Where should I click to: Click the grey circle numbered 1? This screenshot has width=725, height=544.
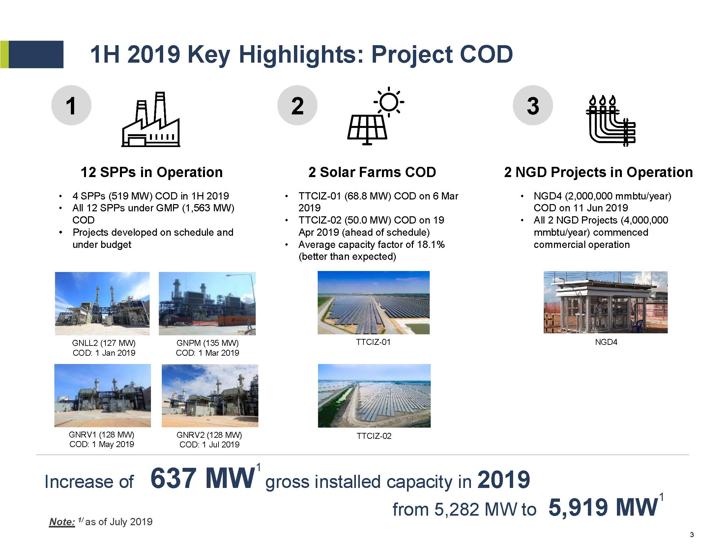tap(71, 105)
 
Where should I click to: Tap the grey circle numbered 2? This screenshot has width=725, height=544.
tap(297, 105)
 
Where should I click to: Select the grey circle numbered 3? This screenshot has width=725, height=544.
tap(533, 105)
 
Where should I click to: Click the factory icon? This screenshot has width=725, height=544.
tap(151, 119)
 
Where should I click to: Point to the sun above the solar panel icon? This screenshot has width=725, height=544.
tap(389, 102)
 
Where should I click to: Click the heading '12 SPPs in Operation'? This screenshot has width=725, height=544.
tap(152, 172)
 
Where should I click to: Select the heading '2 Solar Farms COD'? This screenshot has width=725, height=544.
tap(372, 172)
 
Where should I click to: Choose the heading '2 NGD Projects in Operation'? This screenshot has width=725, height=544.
tap(598, 172)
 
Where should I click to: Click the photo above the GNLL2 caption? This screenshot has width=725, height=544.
tap(102, 303)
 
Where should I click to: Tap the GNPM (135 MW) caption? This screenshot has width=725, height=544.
tap(208, 343)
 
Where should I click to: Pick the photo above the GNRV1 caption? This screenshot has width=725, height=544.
tap(102, 396)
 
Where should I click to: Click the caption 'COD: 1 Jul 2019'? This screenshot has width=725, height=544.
tap(210, 444)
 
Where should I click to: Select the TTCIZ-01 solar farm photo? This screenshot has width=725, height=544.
tap(374, 303)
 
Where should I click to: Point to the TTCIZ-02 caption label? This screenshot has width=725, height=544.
tap(374, 436)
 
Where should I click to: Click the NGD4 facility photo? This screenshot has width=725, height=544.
tap(606, 302)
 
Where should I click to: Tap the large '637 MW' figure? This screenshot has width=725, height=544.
tap(203, 478)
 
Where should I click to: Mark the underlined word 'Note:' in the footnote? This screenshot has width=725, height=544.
tap(62, 522)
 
